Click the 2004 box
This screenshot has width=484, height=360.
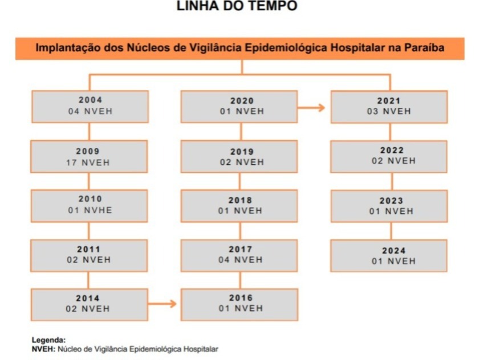pos(90,107)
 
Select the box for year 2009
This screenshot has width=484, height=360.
pos(89,157)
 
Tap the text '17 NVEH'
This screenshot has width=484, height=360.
pos(88,163)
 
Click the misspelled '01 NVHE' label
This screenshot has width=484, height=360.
pos(90,211)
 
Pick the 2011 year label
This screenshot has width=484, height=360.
pos(89,249)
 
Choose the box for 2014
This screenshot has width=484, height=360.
pos(89,305)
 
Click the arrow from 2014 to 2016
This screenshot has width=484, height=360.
pos(162,304)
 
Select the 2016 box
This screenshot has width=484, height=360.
pos(239,305)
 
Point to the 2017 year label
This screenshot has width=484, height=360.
pos(241,249)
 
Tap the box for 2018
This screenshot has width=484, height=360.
pos(239,206)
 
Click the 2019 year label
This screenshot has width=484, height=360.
pos(242,152)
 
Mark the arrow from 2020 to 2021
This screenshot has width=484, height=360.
pos(311,107)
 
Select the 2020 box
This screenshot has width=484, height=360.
pos(239,107)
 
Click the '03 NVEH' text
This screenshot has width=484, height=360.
pos(389,111)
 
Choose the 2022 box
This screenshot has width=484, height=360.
pos(389,157)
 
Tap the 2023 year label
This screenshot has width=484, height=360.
pos(392,201)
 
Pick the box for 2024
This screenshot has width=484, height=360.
pos(389,256)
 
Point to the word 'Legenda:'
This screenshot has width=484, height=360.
pos(49,340)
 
